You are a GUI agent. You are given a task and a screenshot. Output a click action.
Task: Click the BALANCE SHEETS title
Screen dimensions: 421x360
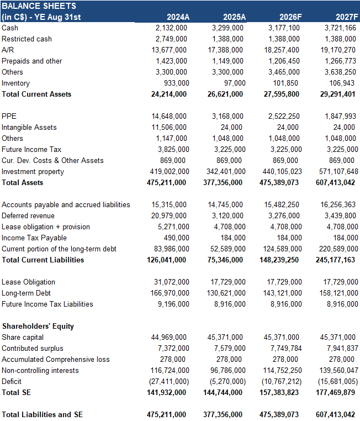tap(39, 6)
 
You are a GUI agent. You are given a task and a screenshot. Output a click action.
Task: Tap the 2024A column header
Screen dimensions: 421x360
tap(178, 17)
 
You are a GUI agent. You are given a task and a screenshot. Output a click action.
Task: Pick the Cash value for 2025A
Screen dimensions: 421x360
tap(227, 28)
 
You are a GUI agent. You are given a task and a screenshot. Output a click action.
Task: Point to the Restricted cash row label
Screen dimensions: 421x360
tap(27, 39)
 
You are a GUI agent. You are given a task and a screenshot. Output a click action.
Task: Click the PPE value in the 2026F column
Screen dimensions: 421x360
tap(284, 116)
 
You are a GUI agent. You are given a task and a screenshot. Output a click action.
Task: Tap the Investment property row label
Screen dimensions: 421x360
tap(33, 171)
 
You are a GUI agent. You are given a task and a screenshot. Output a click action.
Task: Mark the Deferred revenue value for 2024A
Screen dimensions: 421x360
tap(171, 215)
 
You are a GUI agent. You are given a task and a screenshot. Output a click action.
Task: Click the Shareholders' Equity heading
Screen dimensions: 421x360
tap(38, 326)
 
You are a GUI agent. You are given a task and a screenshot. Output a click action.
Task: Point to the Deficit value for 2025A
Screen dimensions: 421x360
tap(226, 381)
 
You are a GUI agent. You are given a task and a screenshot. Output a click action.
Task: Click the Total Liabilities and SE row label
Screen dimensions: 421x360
tap(42, 414)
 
